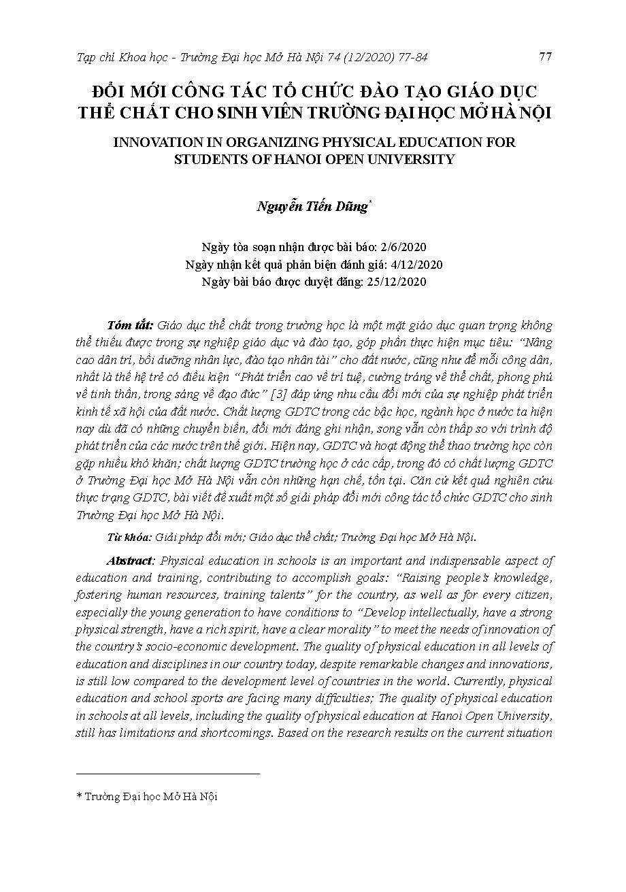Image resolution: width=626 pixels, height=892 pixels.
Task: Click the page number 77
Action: [544, 56]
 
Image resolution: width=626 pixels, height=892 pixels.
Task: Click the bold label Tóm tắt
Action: [130, 325]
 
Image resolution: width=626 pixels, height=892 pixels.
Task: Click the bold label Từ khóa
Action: [129, 537]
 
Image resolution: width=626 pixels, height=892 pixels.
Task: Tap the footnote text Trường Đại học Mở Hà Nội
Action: [150, 796]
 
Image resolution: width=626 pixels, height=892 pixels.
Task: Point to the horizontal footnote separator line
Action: [167, 773]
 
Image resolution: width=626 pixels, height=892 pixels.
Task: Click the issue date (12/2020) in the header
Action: [365, 57]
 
